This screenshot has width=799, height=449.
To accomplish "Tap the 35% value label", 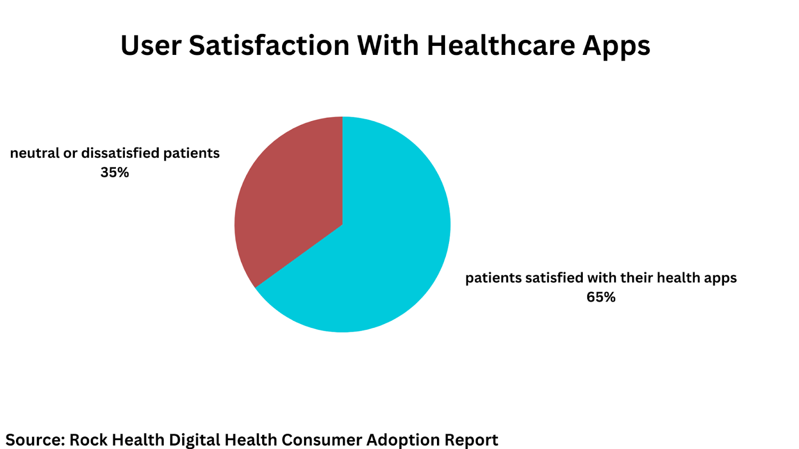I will click(115, 173).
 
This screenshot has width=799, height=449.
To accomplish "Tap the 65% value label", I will click(601, 297).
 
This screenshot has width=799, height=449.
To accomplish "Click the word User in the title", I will click(151, 46).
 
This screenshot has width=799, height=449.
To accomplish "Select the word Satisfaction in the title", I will click(269, 46).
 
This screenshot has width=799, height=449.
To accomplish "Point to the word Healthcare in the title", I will click(500, 46).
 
